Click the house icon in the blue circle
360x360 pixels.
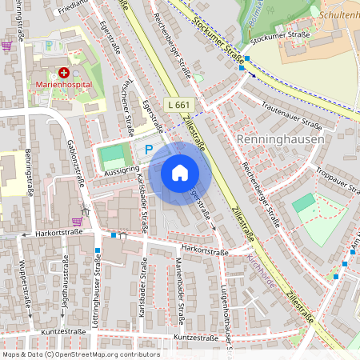[180, 172]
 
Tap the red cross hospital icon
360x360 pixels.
[64, 72]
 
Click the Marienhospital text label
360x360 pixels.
[64, 84]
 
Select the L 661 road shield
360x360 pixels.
[180, 105]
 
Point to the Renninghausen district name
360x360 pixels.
[281, 139]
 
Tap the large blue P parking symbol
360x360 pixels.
[148, 149]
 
